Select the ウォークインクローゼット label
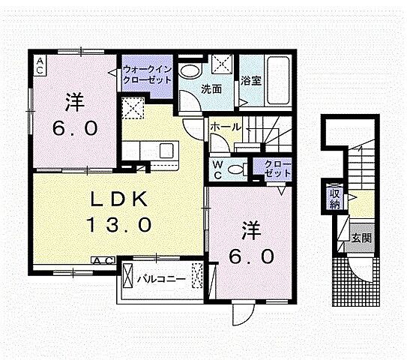[148, 74]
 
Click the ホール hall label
[224, 127]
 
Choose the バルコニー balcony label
[160, 279]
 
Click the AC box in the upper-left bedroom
[39, 65]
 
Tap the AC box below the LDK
[103, 260]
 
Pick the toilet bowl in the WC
[239, 168]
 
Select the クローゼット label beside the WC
[277, 169]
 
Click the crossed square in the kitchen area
[135, 109]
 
